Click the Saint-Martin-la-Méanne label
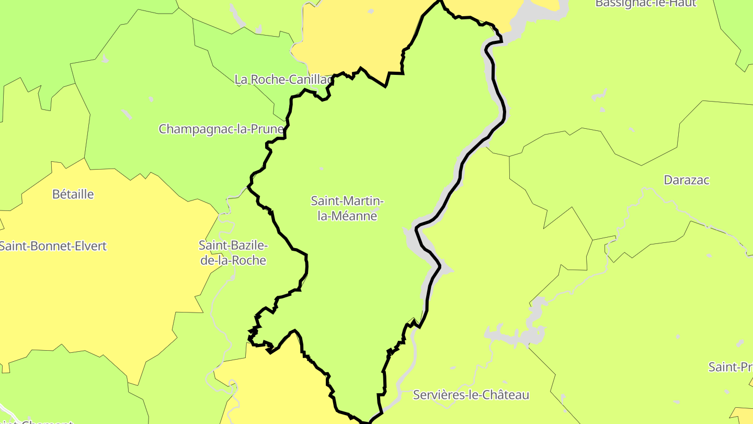(x=348, y=208)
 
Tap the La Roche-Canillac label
(x=283, y=80)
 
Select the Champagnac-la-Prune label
(x=221, y=129)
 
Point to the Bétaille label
(x=73, y=194)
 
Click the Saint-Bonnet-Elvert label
(x=53, y=246)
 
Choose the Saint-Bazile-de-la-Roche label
(x=233, y=252)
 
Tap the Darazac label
(x=686, y=180)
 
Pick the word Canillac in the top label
(x=307, y=80)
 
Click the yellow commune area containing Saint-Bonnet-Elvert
(x=105, y=293)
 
